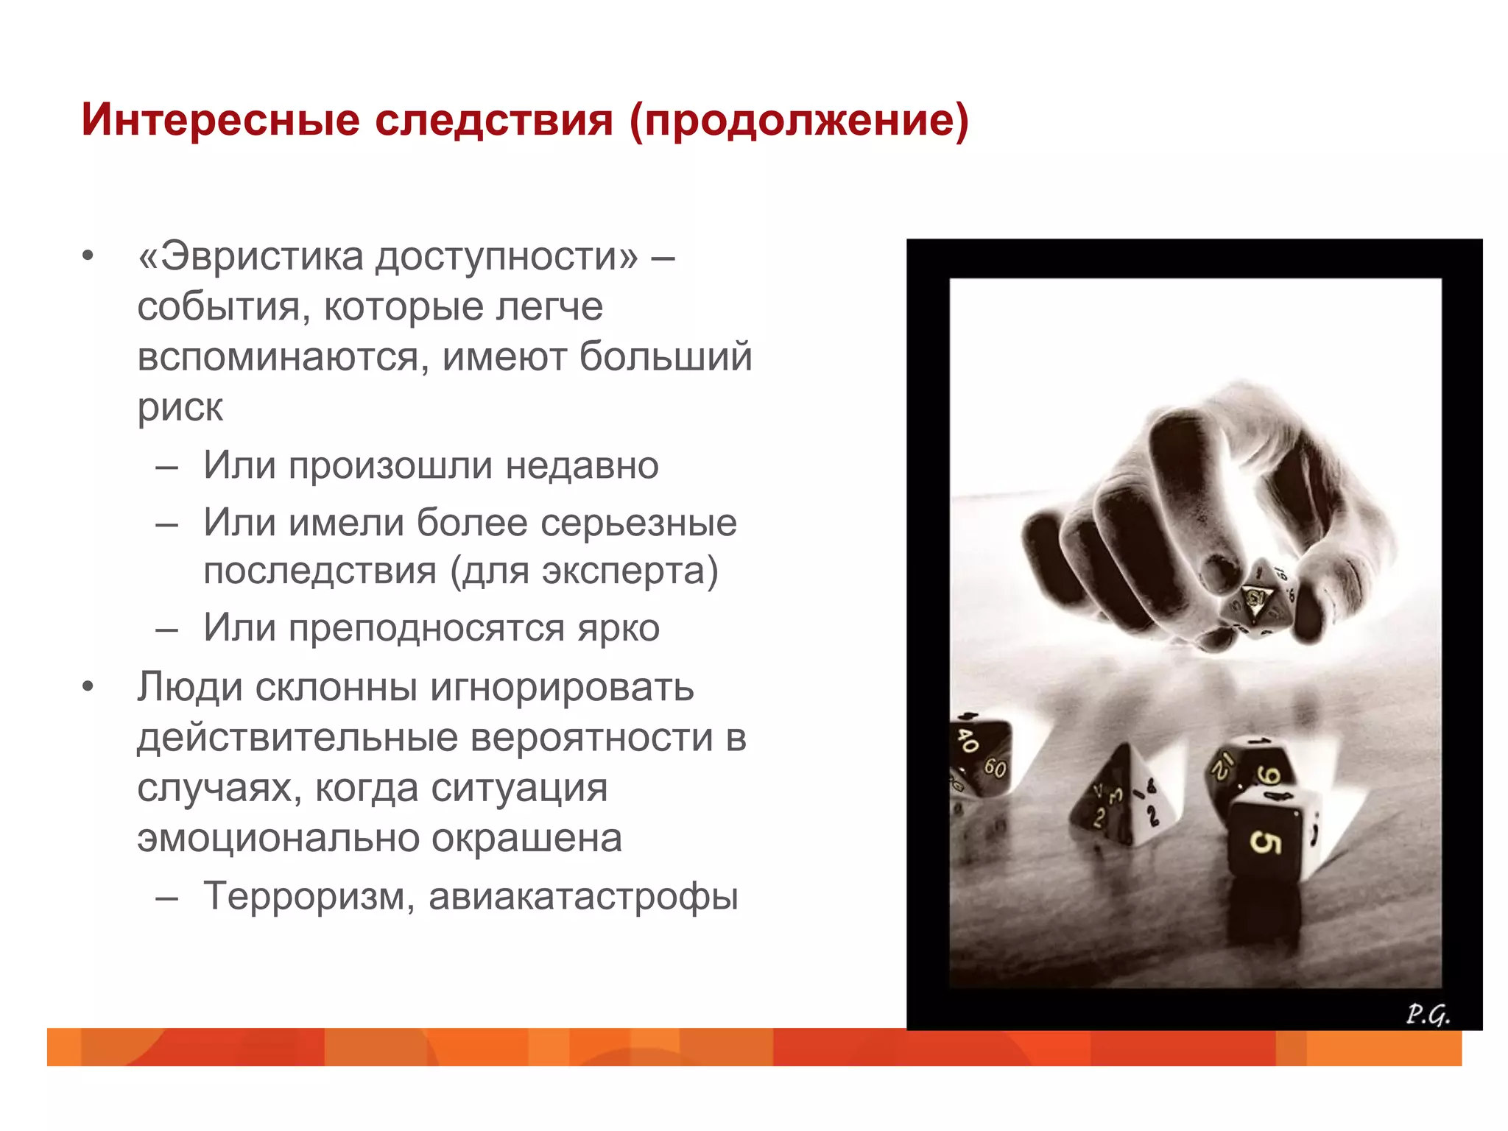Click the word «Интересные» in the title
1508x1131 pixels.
tap(221, 119)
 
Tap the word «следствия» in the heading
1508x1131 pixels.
tap(493, 119)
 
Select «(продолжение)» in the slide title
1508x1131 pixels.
tap(799, 121)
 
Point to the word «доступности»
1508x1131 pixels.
tap(508, 257)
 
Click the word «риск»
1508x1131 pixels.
tap(180, 407)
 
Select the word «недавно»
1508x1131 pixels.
tap(582, 465)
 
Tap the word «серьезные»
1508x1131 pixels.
tap(638, 523)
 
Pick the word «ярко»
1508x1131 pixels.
tap(618, 628)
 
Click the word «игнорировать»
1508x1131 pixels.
tap(562, 687)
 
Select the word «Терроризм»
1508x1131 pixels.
tap(303, 896)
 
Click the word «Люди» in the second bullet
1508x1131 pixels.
tap(190, 687)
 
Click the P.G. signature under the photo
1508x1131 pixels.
tap(1427, 1015)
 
